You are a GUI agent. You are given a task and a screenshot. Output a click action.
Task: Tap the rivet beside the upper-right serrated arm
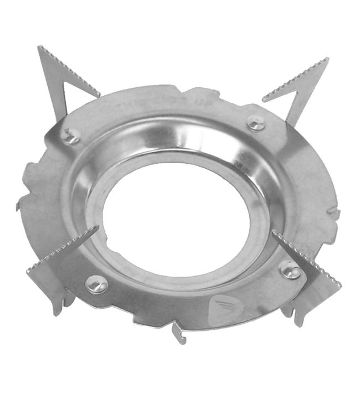[x=255, y=123]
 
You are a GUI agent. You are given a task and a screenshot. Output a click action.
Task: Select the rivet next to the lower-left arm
[x=96, y=284]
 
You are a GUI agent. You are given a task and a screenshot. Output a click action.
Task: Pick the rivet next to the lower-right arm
[x=289, y=269]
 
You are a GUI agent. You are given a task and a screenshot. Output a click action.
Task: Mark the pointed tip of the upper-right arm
[x=327, y=59]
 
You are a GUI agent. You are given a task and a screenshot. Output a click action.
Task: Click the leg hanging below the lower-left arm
[x=58, y=304]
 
